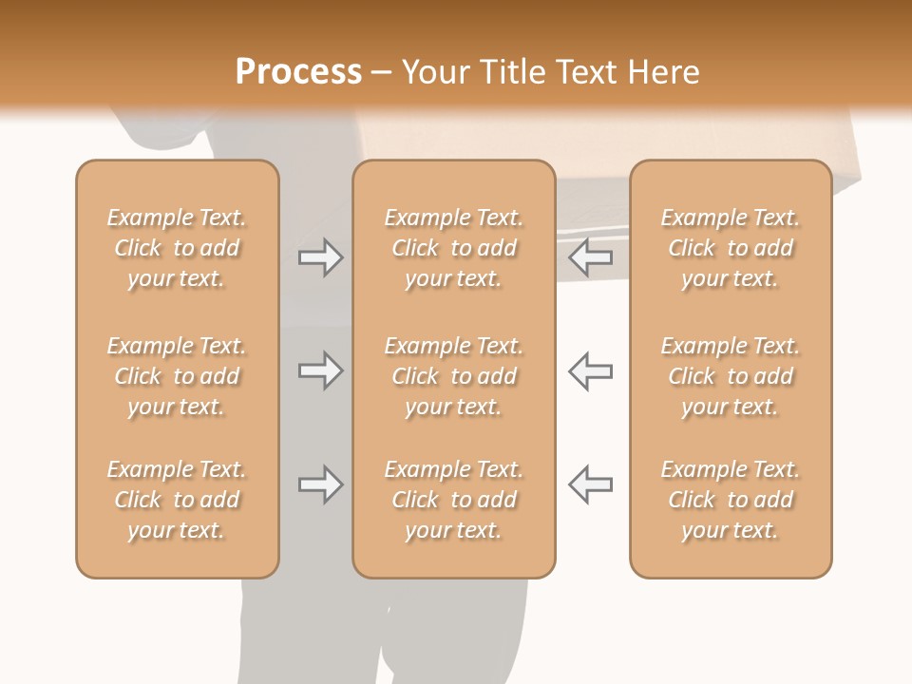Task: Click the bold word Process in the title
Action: click(x=298, y=72)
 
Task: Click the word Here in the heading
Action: click(x=664, y=72)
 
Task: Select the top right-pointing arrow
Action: click(x=320, y=256)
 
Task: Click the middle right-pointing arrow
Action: click(x=320, y=370)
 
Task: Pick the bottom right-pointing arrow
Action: click(x=320, y=484)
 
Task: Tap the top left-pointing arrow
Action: click(x=590, y=256)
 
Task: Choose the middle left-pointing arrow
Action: click(x=590, y=370)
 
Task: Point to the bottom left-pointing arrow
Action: click(x=590, y=484)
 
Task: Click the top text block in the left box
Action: click(x=177, y=248)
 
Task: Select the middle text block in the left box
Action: click(x=177, y=376)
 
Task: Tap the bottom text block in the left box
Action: click(x=177, y=500)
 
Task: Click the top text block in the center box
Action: click(x=453, y=248)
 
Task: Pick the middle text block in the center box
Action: click(x=453, y=376)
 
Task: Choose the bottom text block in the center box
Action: click(x=453, y=500)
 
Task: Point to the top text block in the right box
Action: click(x=731, y=248)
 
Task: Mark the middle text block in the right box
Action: click(x=731, y=376)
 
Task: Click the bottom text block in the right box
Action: click(x=731, y=500)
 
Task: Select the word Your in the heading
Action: click(x=434, y=72)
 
